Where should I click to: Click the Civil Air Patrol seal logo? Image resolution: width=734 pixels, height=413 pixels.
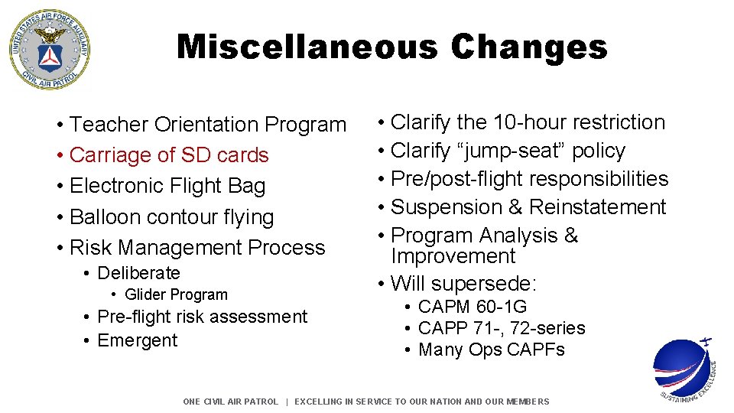[49, 50]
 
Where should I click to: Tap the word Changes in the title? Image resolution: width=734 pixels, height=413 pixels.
[529, 47]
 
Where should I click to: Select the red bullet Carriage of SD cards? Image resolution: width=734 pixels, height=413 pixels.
[168, 155]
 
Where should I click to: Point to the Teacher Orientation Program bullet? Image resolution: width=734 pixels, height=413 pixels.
[207, 125]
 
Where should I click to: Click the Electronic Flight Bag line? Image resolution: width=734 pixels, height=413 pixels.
[167, 186]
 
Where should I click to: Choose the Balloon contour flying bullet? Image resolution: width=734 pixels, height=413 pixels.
[171, 217]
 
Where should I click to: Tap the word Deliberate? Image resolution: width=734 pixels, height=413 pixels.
[138, 273]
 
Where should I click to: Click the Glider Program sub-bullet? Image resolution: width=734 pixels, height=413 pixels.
[176, 295]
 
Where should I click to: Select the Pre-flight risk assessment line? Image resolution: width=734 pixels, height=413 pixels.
[202, 317]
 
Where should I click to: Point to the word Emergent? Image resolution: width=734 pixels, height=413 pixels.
[137, 340]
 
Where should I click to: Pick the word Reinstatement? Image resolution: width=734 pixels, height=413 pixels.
[597, 207]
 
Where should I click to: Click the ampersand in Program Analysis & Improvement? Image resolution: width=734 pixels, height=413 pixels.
[570, 236]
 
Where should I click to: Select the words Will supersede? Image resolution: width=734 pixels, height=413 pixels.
[463, 284]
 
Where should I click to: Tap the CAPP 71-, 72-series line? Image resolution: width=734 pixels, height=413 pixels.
[501, 329]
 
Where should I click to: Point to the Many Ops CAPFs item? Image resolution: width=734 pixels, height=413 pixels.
[491, 350]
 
